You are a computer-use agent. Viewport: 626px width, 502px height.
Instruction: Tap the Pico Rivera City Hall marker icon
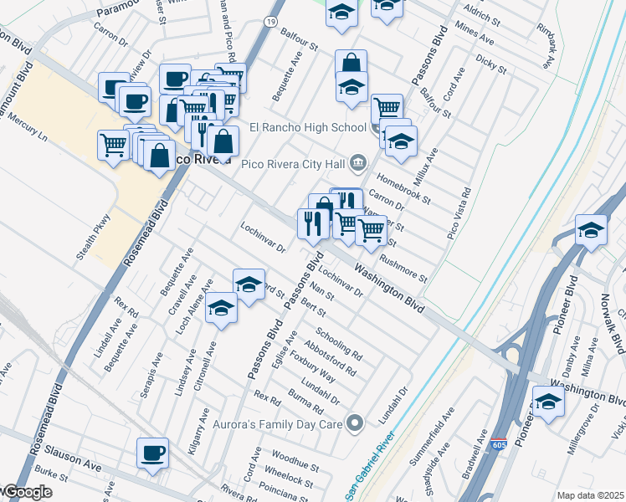(x=358, y=162)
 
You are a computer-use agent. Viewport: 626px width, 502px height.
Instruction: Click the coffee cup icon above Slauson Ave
(x=152, y=453)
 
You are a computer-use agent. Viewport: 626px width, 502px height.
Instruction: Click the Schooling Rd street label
(x=338, y=338)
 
